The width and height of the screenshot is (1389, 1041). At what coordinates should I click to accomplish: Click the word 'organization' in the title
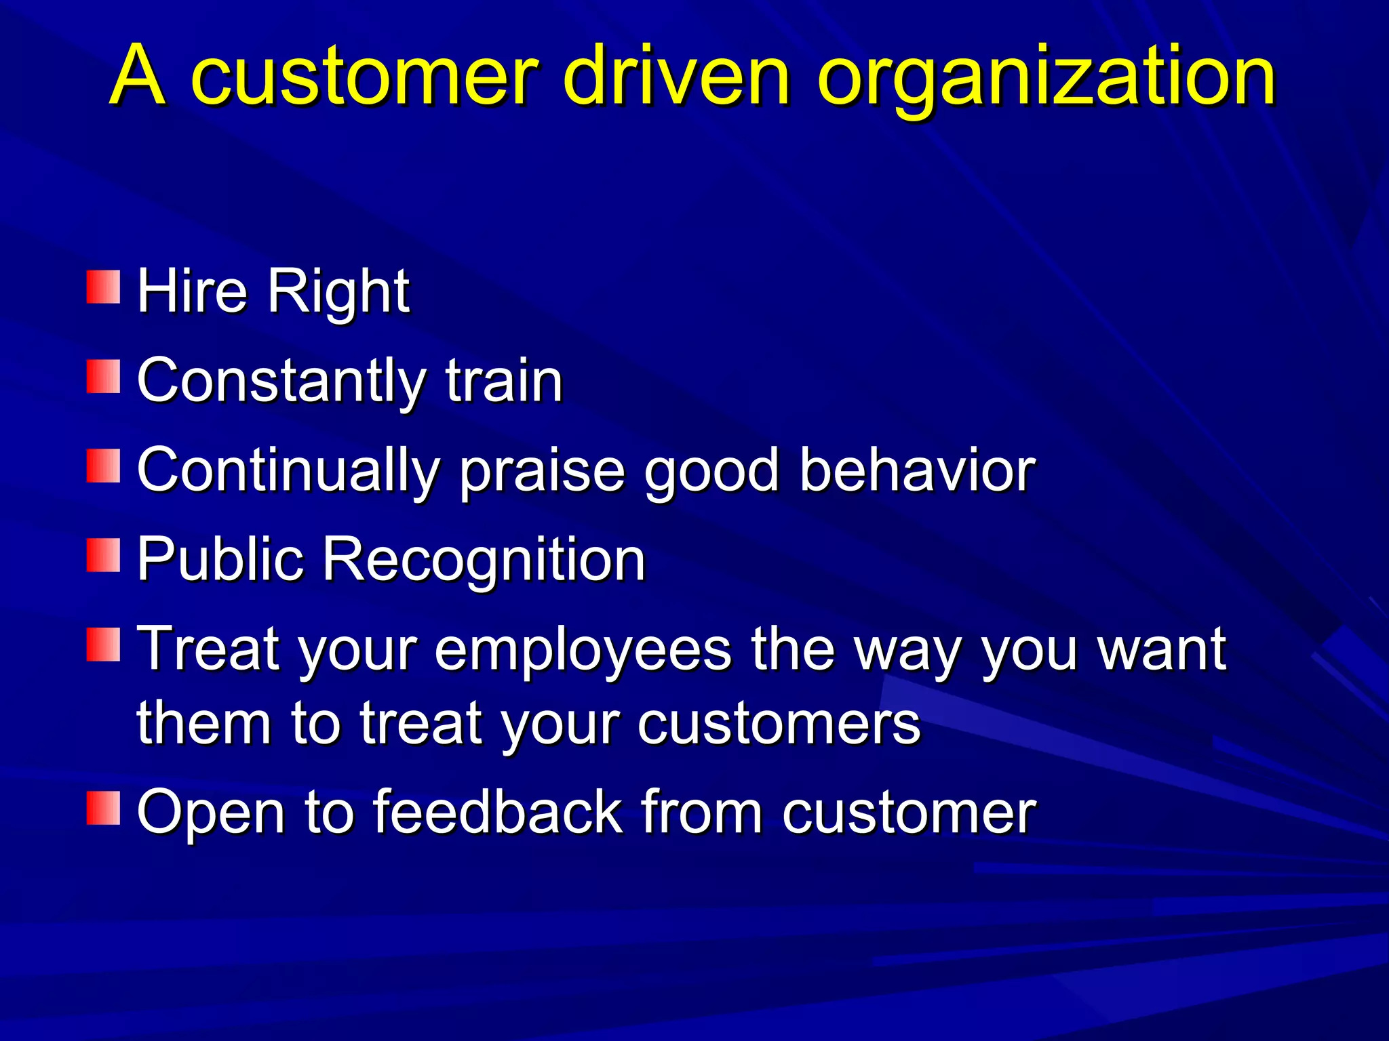[1046, 76]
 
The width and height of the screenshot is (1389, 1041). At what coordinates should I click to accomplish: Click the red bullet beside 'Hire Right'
[103, 287]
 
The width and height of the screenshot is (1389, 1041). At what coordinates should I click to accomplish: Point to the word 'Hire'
[192, 291]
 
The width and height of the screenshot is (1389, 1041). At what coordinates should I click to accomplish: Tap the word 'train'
[504, 381]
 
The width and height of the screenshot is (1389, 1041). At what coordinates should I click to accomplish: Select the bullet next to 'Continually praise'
[103, 466]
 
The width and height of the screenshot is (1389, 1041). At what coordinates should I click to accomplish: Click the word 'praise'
[542, 471]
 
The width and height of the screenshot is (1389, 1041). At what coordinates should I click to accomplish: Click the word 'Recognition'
[483, 560]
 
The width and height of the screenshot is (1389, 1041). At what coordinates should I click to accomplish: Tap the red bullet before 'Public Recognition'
[103, 555]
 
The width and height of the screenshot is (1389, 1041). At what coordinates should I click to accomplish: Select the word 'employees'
[583, 651]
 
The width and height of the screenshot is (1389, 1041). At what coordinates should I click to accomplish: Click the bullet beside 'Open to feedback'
[103, 807]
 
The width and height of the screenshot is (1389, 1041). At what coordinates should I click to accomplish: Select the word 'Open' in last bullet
[210, 813]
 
